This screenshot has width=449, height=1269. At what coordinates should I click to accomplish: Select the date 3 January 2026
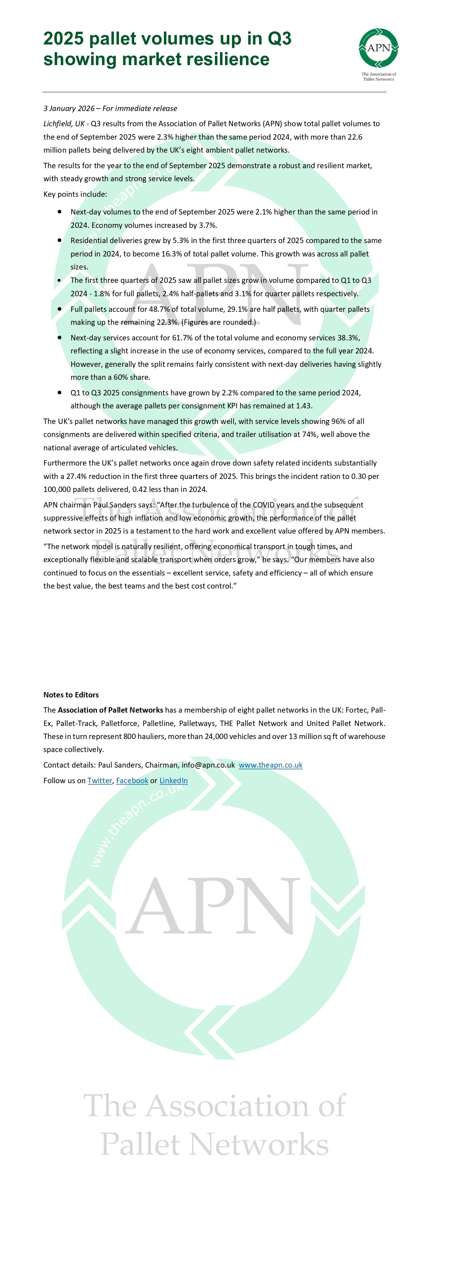(69, 109)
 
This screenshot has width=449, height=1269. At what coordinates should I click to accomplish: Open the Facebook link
(132, 780)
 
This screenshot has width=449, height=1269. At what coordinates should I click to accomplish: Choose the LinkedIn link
(174, 780)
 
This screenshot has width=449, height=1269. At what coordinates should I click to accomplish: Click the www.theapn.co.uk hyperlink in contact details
(271, 765)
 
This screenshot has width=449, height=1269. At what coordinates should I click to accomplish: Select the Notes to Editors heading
(71, 695)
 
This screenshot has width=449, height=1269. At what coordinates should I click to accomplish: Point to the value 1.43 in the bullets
(304, 406)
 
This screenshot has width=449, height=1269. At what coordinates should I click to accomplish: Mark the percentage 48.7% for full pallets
(159, 309)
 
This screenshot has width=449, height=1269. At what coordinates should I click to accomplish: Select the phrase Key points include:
(75, 194)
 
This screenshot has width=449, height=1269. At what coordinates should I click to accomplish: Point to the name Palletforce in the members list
(119, 723)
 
